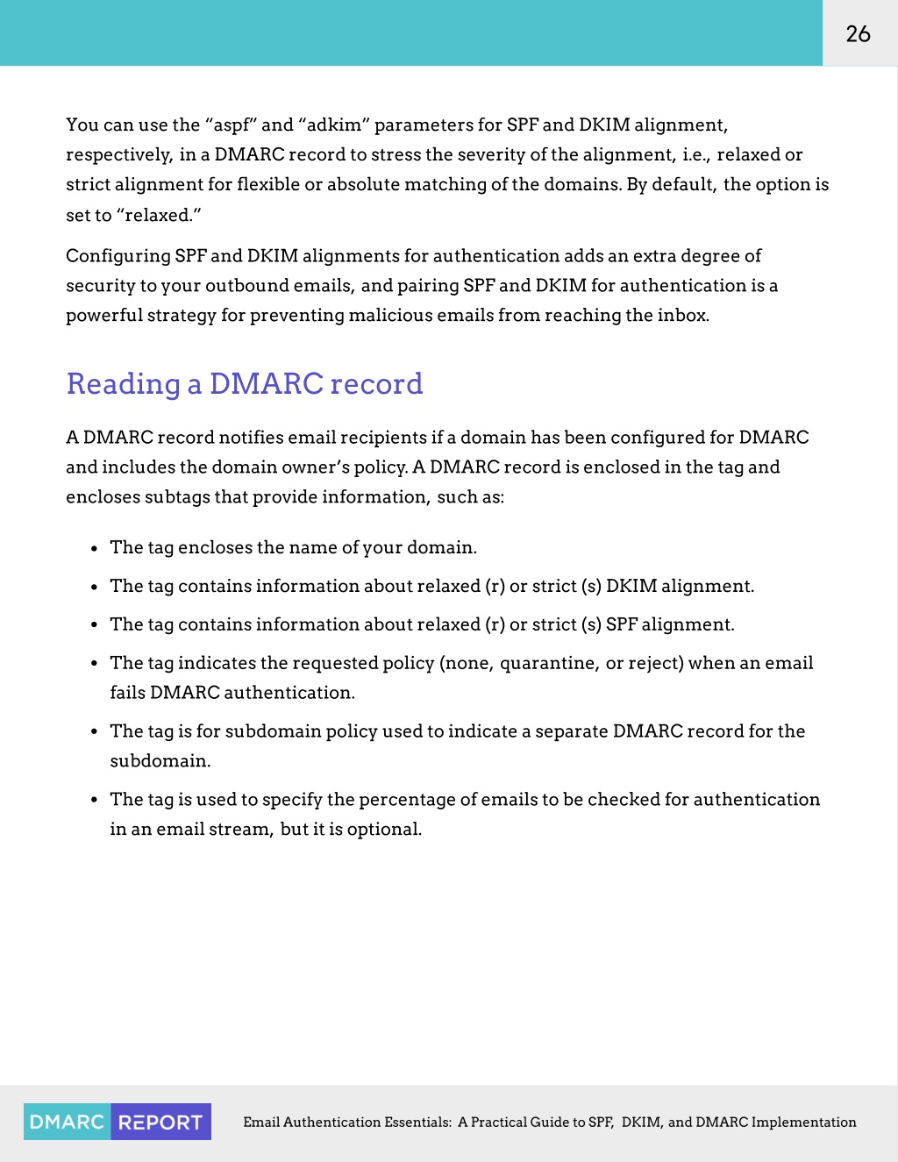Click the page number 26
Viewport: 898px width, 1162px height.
click(x=858, y=33)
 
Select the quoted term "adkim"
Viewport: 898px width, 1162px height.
click(x=334, y=125)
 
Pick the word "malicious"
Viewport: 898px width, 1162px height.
click(x=390, y=316)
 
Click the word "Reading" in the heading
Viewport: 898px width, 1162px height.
click(x=124, y=385)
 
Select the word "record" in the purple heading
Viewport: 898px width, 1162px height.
click(x=376, y=385)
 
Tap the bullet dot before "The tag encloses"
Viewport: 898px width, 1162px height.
click(x=94, y=549)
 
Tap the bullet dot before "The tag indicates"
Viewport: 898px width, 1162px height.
click(x=94, y=665)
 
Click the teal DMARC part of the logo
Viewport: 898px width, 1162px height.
click(x=67, y=1123)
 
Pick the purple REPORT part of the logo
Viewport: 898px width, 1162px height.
click(x=160, y=1123)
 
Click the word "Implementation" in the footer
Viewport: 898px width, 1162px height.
click(x=803, y=1123)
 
